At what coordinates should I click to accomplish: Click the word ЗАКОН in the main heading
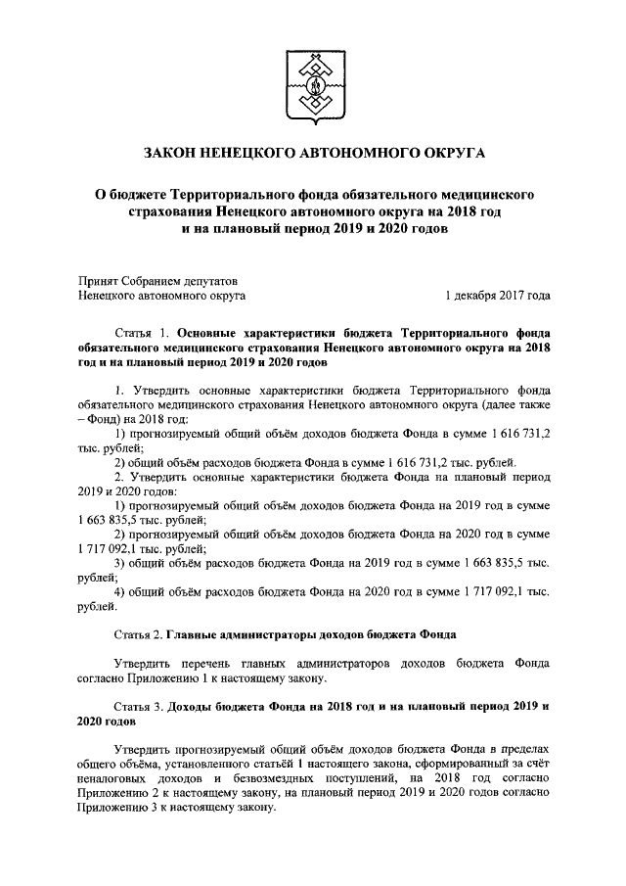[172, 154]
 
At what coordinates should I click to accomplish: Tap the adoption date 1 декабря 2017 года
[496, 293]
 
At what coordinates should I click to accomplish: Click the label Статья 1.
[145, 333]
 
